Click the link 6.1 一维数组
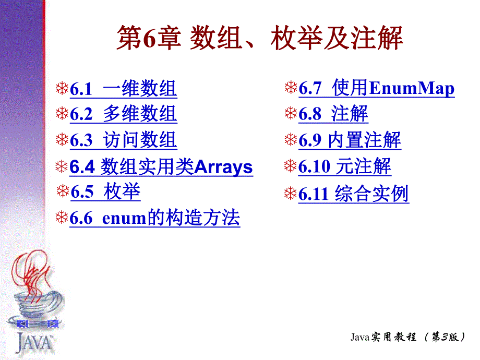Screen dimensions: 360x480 123,89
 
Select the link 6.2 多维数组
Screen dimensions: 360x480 123,114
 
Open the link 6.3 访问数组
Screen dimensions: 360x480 123,140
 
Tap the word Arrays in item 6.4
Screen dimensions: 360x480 223,167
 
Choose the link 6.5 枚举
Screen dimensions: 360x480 105,193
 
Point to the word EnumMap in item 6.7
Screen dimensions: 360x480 412,89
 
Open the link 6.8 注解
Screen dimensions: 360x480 333,114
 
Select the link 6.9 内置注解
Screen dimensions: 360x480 350,140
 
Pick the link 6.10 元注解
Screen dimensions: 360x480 345,167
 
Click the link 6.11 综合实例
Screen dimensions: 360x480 353,194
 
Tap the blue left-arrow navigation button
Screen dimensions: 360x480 23,324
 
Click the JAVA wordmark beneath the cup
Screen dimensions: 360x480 34,343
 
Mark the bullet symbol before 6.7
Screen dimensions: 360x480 291,88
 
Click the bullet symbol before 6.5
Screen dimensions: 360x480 62,192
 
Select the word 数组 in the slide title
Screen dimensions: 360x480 211,39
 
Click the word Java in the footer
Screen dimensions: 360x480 360,338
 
